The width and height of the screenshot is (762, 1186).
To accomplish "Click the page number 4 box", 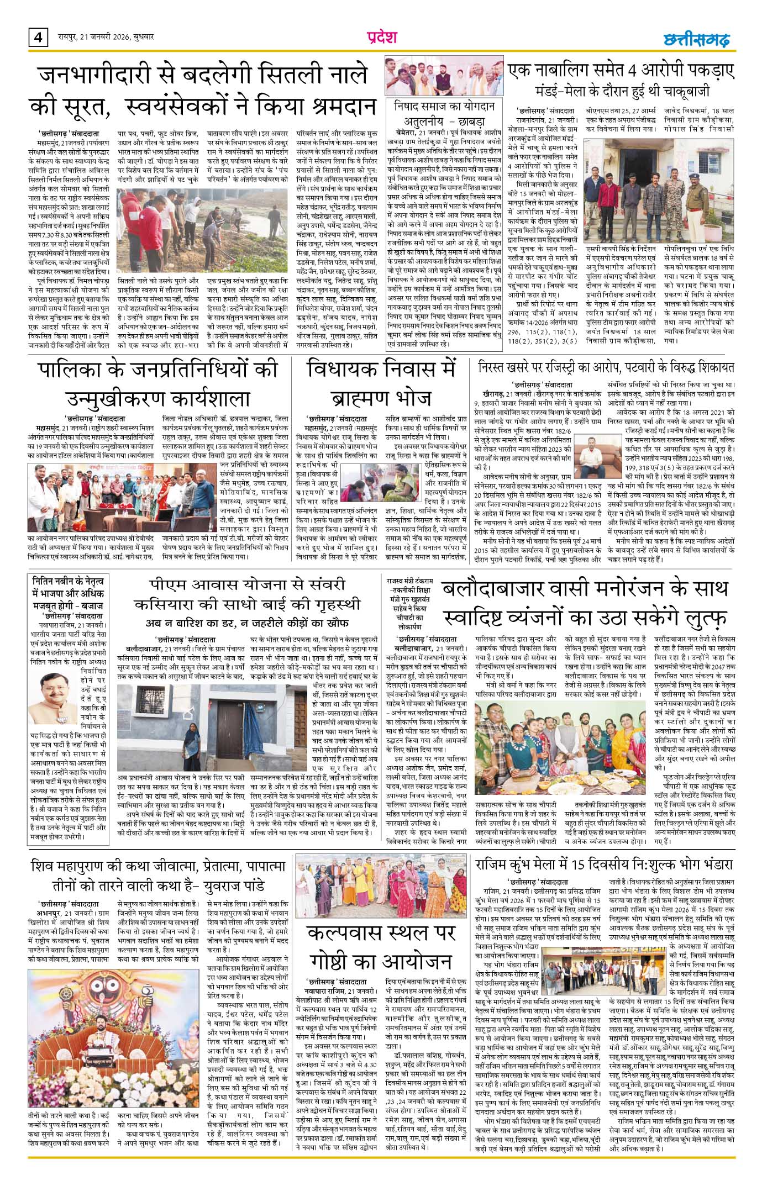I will point(37,39).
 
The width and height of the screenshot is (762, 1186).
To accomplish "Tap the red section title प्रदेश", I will point(382,38).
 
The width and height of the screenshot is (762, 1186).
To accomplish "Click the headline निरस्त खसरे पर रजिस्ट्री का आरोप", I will point(606,367).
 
